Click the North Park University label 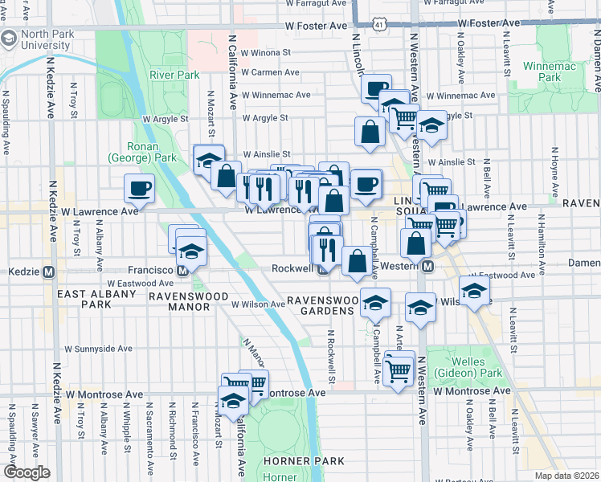click(47, 41)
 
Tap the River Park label click(174, 75)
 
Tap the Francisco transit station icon click(182, 271)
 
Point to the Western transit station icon click(428, 266)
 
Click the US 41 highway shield click(378, 26)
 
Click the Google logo click(27, 472)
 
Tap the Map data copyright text click(566, 476)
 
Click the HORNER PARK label click(306, 461)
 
